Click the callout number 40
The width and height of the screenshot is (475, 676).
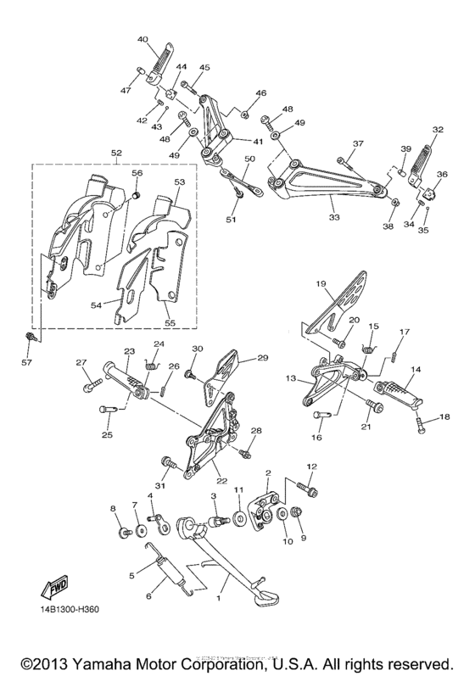[x=142, y=38]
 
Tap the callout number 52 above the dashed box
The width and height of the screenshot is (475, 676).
[x=116, y=153]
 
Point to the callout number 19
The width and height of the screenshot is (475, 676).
[x=321, y=283]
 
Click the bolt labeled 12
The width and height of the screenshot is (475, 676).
[x=303, y=488]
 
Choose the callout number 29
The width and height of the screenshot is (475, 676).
[x=262, y=359]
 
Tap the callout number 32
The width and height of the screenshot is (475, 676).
[x=438, y=131]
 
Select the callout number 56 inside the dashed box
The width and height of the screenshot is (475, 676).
[x=137, y=173]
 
